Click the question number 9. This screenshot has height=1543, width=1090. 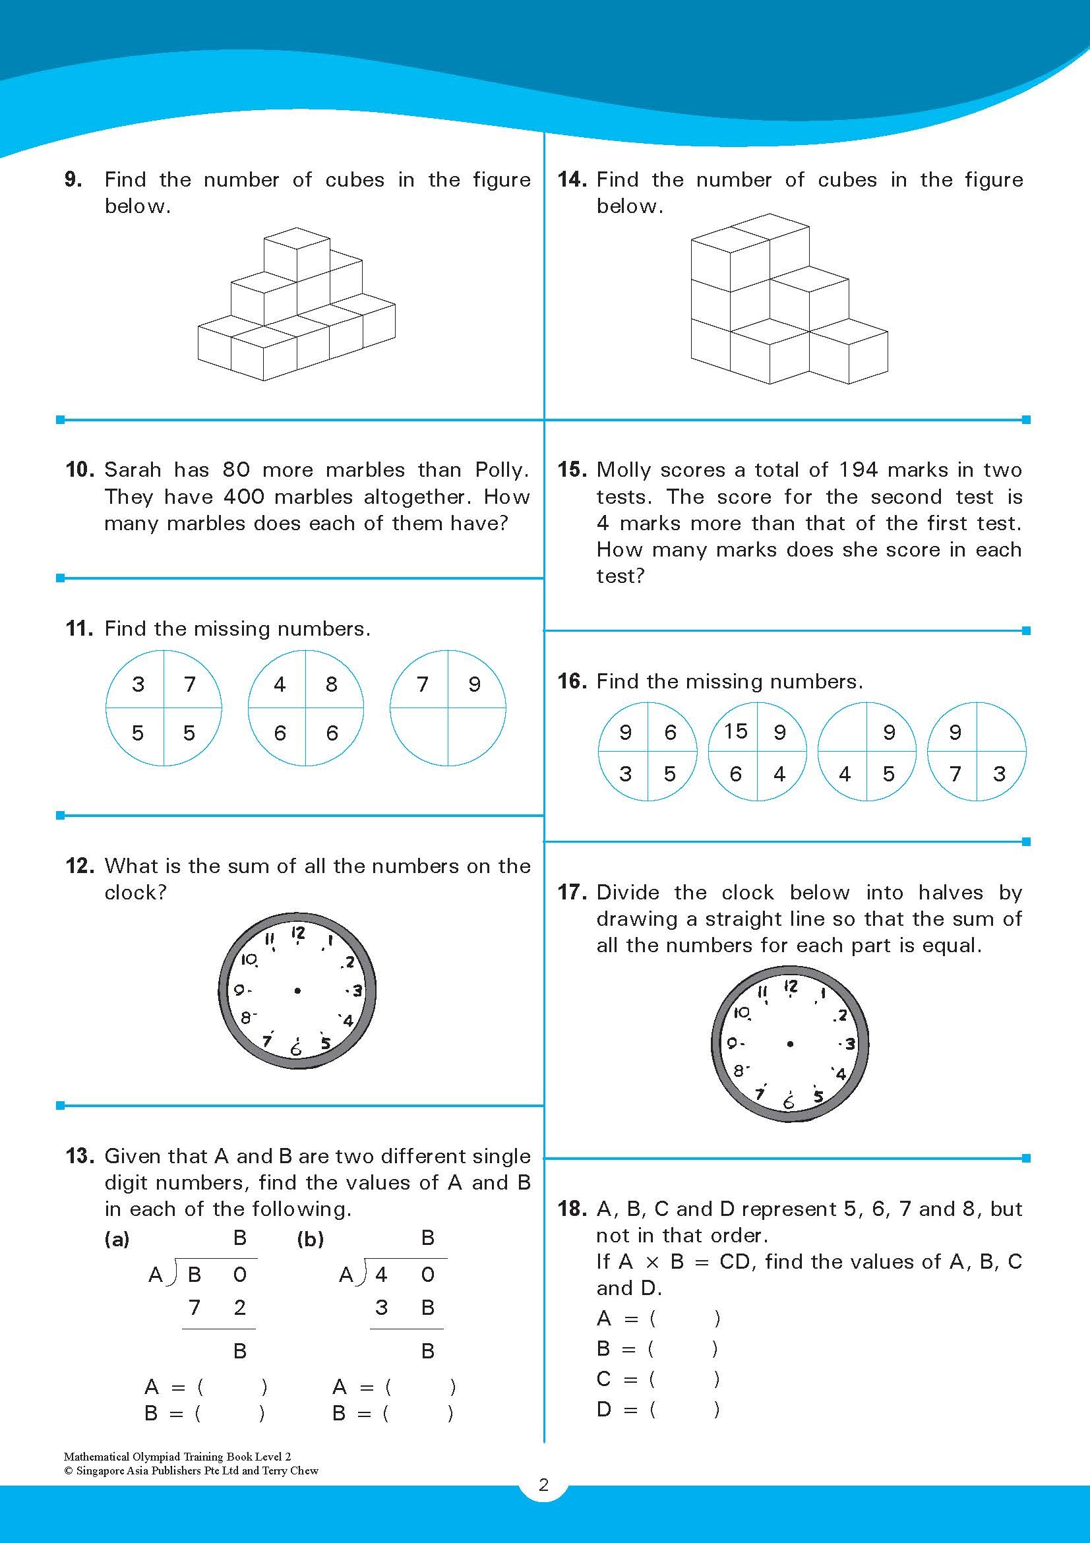[x=73, y=179]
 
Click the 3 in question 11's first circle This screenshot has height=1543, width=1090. [x=138, y=684]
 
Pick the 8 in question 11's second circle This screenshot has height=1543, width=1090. [x=331, y=684]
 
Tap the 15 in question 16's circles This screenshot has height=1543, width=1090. [x=736, y=731]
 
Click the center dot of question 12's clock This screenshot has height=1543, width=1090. [x=297, y=990]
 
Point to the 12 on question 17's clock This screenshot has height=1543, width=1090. [x=791, y=986]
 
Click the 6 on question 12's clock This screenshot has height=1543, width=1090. [x=295, y=1048]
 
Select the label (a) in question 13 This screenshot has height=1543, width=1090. [x=117, y=1239]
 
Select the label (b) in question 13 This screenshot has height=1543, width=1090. [x=310, y=1239]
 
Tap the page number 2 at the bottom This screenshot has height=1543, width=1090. [x=543, y=1503]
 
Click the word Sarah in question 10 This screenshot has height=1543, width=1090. [x=133, y=469]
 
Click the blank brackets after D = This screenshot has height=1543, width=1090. [x=683, y=1409]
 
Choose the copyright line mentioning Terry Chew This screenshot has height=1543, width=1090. [x=191, y=1470]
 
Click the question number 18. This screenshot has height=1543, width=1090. [x=572, y=1209]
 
